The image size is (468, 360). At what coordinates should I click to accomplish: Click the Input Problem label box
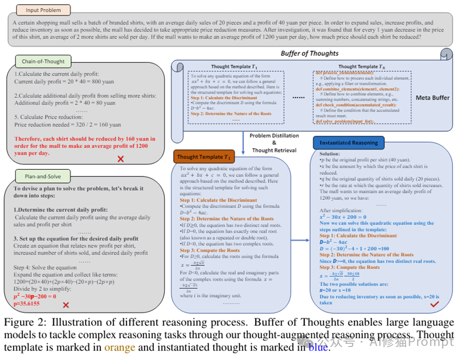[x=40, y=10]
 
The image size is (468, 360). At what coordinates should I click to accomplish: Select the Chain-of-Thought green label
[x=43, y=61]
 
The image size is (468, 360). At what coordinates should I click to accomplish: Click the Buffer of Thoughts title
[x=309, y=53]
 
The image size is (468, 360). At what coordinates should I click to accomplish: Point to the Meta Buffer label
[x=432, y=98]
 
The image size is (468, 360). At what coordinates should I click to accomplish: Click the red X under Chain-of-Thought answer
[x=121, y=158]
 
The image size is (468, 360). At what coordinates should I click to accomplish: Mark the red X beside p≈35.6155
[x=66, y=305]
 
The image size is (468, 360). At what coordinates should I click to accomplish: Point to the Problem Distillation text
[x=274, y=136]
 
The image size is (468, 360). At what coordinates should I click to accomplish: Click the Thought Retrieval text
[x=275, y=150]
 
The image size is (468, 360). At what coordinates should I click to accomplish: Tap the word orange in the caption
[x=120, y=347]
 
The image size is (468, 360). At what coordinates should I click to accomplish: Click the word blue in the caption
[x=318, y=347]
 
